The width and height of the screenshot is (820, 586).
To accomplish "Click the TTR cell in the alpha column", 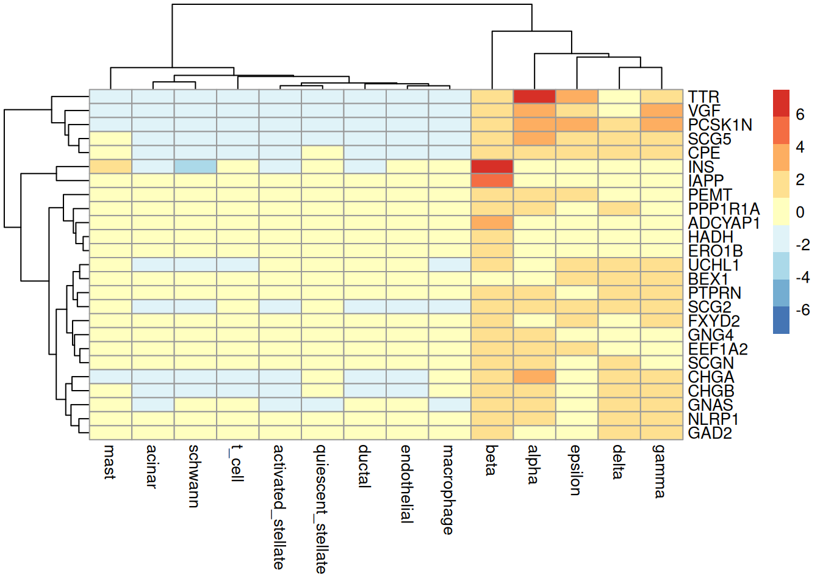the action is tap(534, 96).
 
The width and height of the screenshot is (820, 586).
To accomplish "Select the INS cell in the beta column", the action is tap(492, 167).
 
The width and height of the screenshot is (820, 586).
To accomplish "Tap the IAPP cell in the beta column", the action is tap(492, 181).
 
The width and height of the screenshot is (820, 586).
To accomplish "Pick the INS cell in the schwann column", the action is tap(195, 167).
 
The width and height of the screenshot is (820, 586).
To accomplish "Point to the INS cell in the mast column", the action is tap(110, 167).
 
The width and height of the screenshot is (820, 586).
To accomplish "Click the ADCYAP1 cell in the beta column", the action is tap(492, 223).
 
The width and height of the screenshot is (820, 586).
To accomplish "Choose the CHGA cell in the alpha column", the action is tap(534, 377).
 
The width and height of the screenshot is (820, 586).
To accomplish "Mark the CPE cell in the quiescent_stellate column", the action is tap(323, 153).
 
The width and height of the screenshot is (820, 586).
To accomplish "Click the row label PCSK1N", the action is tap(720, 125).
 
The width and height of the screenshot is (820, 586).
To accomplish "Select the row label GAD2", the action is tap(710, 433).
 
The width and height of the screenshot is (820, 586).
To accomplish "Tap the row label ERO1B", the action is tap(715, 251).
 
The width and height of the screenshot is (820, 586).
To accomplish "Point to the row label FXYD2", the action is tap(714, 321).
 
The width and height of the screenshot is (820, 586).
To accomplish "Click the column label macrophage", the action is tap(448, 490).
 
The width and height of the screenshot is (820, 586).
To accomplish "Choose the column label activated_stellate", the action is tap(279, 507).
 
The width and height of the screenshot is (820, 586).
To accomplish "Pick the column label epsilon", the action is tap(576, 470).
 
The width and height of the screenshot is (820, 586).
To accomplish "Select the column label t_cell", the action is tap(237, 463).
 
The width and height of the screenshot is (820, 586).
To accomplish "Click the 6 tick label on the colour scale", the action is tap(800, 115).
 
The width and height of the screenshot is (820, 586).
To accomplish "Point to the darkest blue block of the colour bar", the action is tap(781, 320).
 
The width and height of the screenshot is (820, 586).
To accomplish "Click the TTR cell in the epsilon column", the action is tap(577, 96).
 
